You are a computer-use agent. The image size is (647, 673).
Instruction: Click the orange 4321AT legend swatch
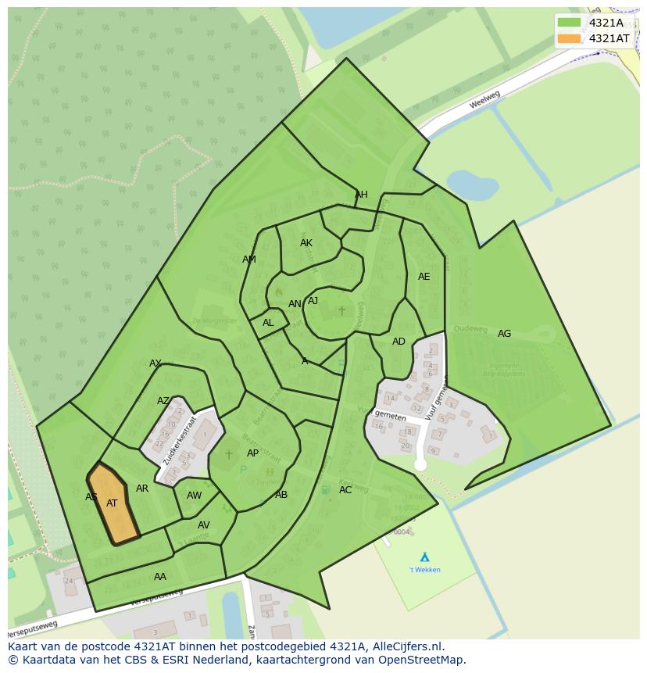pos(570,38)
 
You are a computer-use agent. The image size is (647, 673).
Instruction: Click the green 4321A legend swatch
pos(570,23)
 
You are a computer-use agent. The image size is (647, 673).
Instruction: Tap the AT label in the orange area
pos(112,503)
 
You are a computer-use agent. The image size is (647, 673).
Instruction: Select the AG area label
pos(504,334)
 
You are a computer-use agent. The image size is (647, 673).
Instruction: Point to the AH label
pos(361,195)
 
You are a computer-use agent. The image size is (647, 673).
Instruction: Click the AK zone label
pos(306,243)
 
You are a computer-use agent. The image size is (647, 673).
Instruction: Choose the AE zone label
pos(424,277)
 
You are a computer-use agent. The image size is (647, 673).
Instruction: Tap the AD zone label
pos(399,342)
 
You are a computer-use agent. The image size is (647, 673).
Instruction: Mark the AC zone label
pos(345,490)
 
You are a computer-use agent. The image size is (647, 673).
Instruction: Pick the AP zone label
pos(252,453)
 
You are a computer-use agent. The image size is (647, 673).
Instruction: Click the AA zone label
pos(160,577)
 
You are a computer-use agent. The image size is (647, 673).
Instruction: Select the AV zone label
pos(203,525)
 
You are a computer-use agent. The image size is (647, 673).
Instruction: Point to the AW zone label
pos(194,496)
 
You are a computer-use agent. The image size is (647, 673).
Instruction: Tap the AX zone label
pos(155,363)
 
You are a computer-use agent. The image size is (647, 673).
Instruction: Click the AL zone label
pos(268,323)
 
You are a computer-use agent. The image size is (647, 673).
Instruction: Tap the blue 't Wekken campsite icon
pos(424,557)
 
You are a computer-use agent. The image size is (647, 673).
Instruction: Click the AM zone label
pos(249,260)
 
